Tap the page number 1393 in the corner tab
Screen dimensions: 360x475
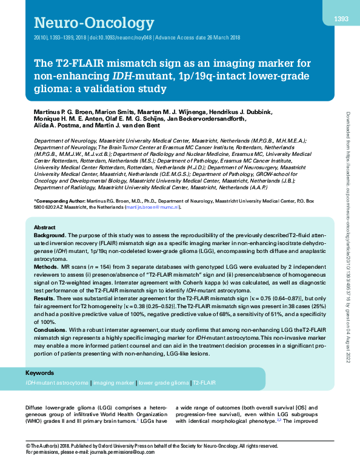pyautogui.click(x=341, y=19)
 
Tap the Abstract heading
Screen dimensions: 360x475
pyautogui.click(x=45, y=227)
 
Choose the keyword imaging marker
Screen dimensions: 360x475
pyautogui.click(x=114, y=383)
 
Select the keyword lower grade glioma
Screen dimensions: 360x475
pyautogui.click(x=163, y=383)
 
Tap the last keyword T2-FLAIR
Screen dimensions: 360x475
pyautogui.click(x=204, y=383)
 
